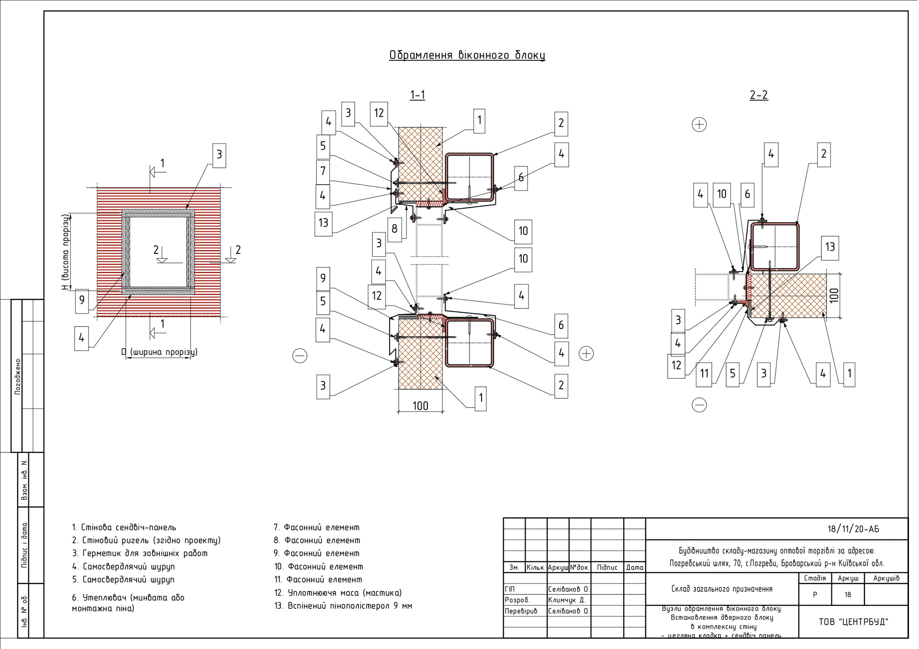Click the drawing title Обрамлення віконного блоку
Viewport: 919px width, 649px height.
point(467,55)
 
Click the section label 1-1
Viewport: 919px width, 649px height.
point(417,95)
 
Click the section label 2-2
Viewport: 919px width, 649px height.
point(759,95)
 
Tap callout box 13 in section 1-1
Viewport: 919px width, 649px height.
point(323,223)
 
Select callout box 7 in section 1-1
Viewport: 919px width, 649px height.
point(323,171)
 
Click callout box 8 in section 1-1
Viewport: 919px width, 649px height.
point(394,229)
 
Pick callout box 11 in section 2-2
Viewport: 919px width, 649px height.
point(704,374)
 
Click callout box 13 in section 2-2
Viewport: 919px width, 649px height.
point(830,247)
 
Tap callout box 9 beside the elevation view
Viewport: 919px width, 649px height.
point(82,300)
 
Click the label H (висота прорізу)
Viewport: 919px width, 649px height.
point(66,252)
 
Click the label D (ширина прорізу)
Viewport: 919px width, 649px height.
point(159,352)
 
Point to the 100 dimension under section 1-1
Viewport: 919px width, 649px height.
point(420,406)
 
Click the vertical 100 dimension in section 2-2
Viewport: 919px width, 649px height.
point(834,295)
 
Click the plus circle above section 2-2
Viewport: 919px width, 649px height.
point(699,124)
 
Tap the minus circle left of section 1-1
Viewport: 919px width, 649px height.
point(300,355)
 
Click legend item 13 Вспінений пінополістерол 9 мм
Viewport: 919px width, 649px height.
point(343,606)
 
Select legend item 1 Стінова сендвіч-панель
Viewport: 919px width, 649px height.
point(124,528)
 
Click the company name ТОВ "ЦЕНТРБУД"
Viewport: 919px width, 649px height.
point(853,622)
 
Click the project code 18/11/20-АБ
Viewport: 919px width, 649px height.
point(853,529)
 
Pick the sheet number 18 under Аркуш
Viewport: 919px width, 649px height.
point(848,595)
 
